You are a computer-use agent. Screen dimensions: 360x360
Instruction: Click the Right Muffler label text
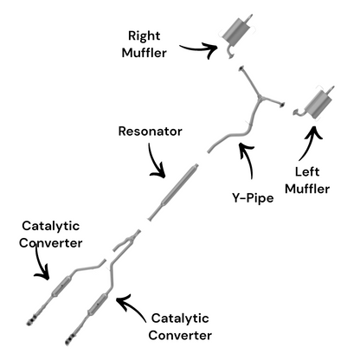point(144,44)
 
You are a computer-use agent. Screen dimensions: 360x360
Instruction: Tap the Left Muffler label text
point(307,180)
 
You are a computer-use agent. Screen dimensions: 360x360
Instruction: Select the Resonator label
point(150,132)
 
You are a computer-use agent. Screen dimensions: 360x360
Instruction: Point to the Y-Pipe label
point(253,198)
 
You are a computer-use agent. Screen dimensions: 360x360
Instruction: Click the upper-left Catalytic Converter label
point(51,235)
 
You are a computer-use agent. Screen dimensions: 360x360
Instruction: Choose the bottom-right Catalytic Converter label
point(180,327)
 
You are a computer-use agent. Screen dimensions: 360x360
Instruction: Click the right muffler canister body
point(238,31)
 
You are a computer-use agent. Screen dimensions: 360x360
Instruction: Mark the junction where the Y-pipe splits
point(260,98)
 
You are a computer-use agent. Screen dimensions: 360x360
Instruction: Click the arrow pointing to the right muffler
point(199,48)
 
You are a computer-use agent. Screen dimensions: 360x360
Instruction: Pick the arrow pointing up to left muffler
point(309,142)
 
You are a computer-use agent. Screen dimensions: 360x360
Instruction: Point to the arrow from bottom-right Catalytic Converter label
point(131,305)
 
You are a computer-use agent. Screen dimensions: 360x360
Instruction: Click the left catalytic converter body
point(61,286)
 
